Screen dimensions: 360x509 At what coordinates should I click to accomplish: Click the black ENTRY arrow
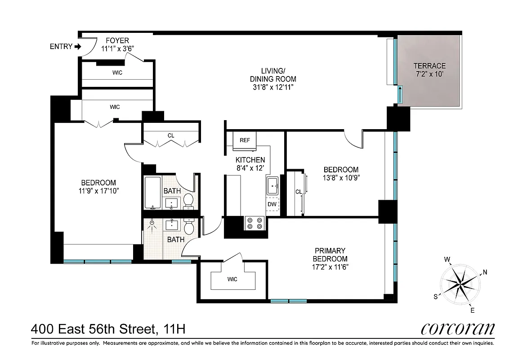click(x=78, y=46)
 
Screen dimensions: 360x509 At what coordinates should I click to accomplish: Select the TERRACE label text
click(x=429, y=66)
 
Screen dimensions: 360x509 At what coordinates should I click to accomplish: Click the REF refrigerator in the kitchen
click(x=245, y=140)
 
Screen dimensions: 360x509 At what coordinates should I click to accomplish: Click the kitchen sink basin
click(x=272, y=185)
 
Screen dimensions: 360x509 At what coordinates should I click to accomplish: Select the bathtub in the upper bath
click(x=152, y=193)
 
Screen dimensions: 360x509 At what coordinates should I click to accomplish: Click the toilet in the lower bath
click(x=189, y=227)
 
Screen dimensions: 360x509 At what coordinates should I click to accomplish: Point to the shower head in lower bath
click(x=152, y=223)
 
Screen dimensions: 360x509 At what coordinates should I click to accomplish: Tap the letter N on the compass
click(x=485, y=272)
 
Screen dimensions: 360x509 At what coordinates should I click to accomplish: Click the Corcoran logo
click(x=457, y=329)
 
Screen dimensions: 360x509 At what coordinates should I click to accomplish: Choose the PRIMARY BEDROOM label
click(x=330, y=255)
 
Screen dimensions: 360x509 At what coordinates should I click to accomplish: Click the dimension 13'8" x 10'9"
click(x=341, y=177)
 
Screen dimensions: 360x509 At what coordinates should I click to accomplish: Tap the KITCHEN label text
click(x=250, y=160)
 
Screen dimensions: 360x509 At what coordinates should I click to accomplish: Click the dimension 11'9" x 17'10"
click(x=98, y=191)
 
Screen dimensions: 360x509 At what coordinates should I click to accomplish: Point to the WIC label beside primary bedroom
click(x=232, y=279)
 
